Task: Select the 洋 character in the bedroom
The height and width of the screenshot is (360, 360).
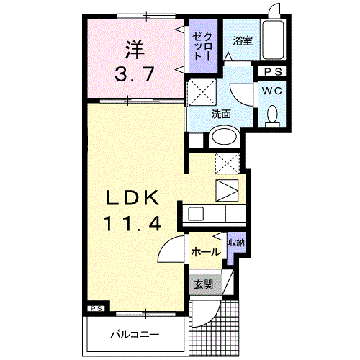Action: pyautogui.click(x=134, y=50)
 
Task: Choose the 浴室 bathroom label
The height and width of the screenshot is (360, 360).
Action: pyautogui.click(x=240, y=42)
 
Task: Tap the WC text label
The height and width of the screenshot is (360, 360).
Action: pyautogui.click(x=271, y=91)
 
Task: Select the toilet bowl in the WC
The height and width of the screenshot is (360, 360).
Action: pyautogui.click(x=272, y=114)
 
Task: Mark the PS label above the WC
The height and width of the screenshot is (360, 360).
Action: pyautogui.click(x=271, y=71)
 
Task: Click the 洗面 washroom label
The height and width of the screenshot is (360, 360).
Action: pyautogui.click(x=220, y=114)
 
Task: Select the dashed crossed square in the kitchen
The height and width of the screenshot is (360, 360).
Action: pyautogui.click(x=228, y=163)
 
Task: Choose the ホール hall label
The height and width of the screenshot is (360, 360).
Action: pyautogui.click(x=206, y=252)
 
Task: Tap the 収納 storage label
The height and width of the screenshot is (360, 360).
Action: pyautogui.click(x=235, y=243)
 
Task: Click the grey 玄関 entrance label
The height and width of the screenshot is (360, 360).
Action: pyautogui.click(x=203, y=284)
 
